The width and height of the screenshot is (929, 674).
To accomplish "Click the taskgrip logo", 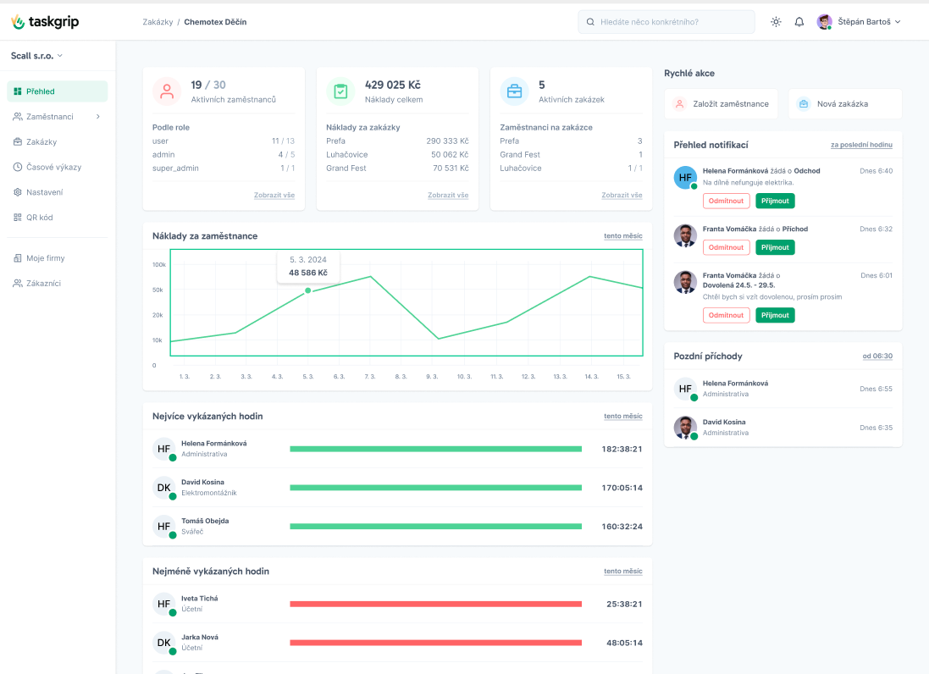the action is [x=45, y=22].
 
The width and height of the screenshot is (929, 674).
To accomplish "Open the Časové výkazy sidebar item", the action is [x=47, y=167].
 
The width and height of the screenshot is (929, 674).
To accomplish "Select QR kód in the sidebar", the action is [x=33, y=218].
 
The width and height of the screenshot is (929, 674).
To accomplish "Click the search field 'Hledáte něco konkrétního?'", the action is [x=666, y=22].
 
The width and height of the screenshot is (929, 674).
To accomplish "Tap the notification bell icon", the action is [x=799, y=22].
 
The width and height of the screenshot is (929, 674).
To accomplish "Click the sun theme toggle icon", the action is [x=776, y=22].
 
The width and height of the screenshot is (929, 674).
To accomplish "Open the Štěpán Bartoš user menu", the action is [x=859, y=22].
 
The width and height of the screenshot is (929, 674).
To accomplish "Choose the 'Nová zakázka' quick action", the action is [x=845, y=103].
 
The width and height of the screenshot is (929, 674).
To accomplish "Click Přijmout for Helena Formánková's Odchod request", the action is [x=775, y=201].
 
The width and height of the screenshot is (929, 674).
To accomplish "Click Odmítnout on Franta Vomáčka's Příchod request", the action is [x=726, y=247].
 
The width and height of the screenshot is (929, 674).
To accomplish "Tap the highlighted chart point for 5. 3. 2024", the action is [x=308, y=290].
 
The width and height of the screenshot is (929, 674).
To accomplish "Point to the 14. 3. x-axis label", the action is [x=591, y=377].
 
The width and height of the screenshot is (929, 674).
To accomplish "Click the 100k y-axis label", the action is [x=158, y=265].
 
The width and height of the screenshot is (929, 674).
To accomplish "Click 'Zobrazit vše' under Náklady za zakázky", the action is [x=448, y=195].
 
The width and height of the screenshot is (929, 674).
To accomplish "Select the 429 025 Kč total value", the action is [x=393, y=85].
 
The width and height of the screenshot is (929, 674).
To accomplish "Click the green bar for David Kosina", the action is [x=435, y=488].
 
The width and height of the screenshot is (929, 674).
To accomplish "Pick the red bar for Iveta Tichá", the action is [x=435, y=604].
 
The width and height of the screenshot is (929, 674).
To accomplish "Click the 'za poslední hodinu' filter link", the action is [x=861, y=145].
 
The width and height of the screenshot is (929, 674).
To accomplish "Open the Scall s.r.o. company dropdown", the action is [x=36, y=56].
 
